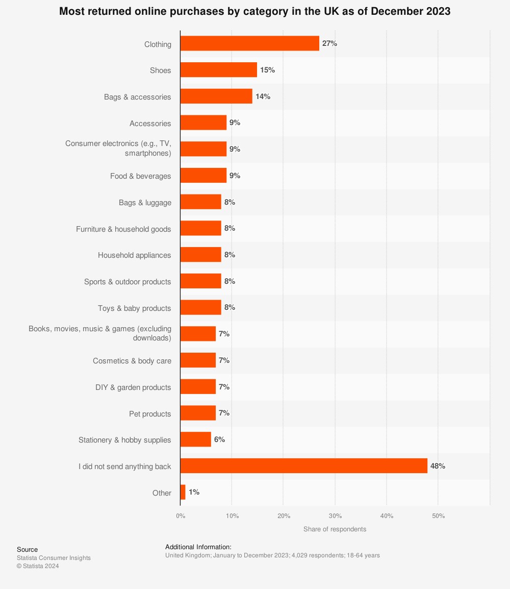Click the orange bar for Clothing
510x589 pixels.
[249, 43]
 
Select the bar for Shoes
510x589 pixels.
[218, 70]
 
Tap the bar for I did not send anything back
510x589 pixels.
[303, 466]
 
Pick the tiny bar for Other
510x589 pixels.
[183, 493]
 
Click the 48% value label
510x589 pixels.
[438, 466]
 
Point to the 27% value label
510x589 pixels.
[329, 43]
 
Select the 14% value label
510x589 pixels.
[263, 96]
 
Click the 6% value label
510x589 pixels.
[219, 439]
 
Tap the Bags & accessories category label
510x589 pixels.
[137, 97]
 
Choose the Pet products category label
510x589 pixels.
[150, 414]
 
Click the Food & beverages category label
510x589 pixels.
[140, 176]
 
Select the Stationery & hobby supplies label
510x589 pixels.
[124, 440]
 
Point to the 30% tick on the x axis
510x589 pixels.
[335, 516]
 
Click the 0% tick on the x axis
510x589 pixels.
[181, 516]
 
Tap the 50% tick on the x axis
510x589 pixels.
[438, 516]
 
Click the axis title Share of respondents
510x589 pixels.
[335, 529]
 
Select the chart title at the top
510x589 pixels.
[254, 11]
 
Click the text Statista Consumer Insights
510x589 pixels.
[54, 558]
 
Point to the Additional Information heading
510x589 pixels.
[198, 547]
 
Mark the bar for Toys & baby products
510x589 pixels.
[200, 308]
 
